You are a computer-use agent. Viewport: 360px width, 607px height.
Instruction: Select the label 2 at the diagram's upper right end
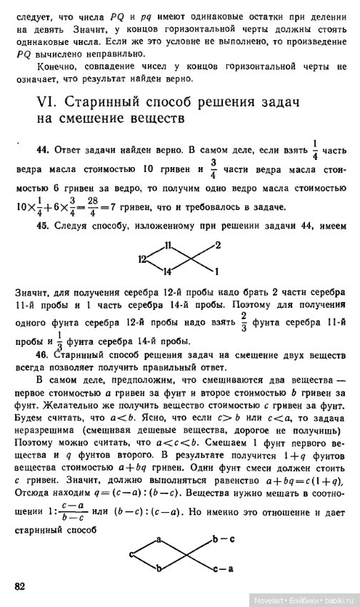coord(217,246)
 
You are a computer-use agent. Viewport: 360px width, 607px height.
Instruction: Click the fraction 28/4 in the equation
coord(88,208)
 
